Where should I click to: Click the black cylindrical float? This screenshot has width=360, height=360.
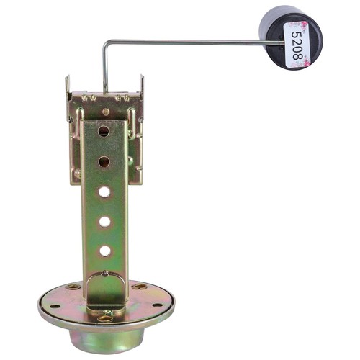291,38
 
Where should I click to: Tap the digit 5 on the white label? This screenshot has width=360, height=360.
297,34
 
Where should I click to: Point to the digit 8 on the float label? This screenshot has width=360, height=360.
297,56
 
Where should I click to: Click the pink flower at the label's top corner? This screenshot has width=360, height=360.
304,24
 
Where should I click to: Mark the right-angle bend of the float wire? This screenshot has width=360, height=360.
105,43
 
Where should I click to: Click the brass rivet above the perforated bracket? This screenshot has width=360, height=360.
106,112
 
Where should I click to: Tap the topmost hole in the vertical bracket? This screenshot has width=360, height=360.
104,131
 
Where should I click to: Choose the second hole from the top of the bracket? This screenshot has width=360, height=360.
104,162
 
